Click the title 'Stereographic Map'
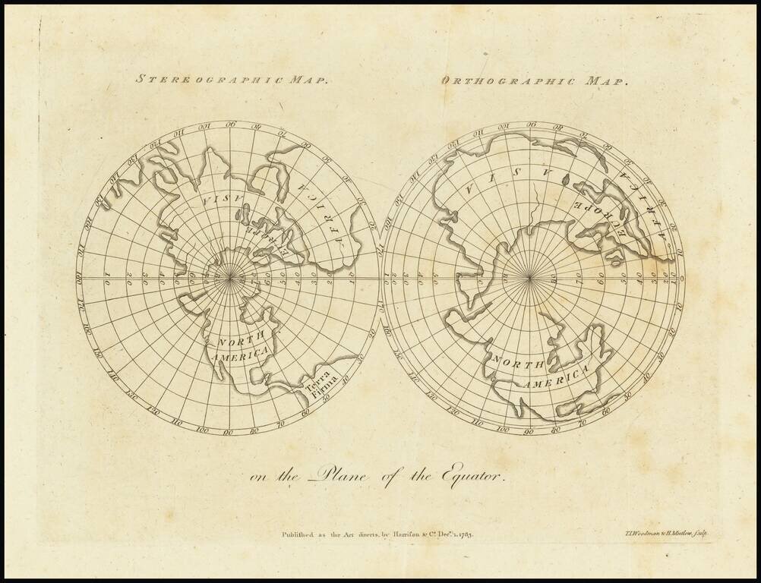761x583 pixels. pos(232,77)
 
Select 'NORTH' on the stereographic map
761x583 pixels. pos(235,341)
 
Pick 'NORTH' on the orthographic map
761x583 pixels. pos(516,362)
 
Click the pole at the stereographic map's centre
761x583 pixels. pos(227,278)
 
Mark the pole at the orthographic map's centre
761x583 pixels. pos(529,279)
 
